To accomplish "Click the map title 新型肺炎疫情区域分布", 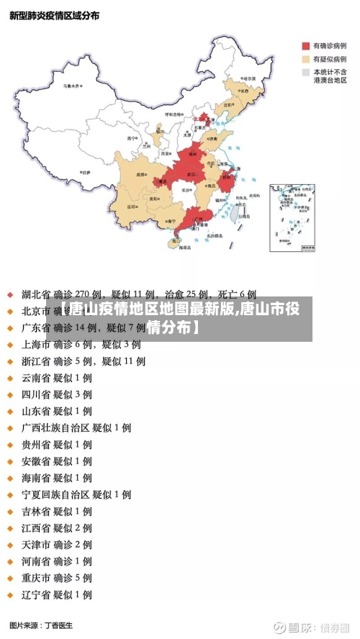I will (54, 15).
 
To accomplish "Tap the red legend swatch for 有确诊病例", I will (306, 45).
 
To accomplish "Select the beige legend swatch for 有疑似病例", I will (306, 59).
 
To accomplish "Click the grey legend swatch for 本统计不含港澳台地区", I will (306, 73).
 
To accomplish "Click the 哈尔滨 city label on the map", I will (248, 78).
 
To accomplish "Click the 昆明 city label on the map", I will (132, 206).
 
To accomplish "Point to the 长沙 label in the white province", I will (186, 191).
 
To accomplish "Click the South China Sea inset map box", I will (292, 217).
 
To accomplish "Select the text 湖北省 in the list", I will (36, 294).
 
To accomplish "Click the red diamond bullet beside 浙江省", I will (10, 361).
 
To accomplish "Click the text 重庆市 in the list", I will (36, 578).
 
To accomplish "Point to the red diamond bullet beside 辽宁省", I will (10, 595).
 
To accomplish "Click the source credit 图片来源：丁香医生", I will (41, 625).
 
